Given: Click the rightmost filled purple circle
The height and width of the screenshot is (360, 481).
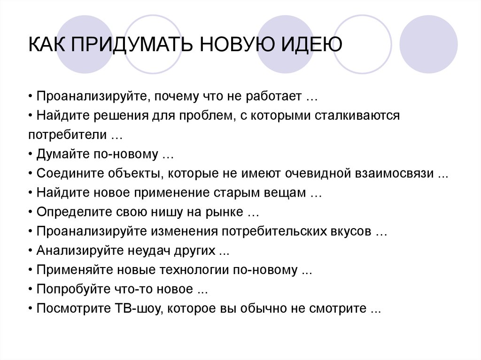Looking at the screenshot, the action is tap(428, 44).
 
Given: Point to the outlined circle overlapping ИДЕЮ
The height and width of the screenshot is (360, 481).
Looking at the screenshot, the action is tap(334, 44).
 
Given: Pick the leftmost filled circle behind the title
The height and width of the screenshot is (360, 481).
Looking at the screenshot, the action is tap(85, 44).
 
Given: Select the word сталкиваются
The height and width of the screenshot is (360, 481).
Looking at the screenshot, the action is tap(357, 115).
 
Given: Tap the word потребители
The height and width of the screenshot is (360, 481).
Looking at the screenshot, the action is tap(67, 135).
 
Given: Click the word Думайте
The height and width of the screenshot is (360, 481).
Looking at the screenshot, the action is tap(63, 154).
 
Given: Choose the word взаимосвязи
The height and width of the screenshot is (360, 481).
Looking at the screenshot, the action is tap(394, 173).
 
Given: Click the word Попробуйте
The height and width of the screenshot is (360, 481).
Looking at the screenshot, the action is tap(73, 289).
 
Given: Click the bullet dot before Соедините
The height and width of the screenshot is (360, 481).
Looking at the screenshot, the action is tap(31, 174).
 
